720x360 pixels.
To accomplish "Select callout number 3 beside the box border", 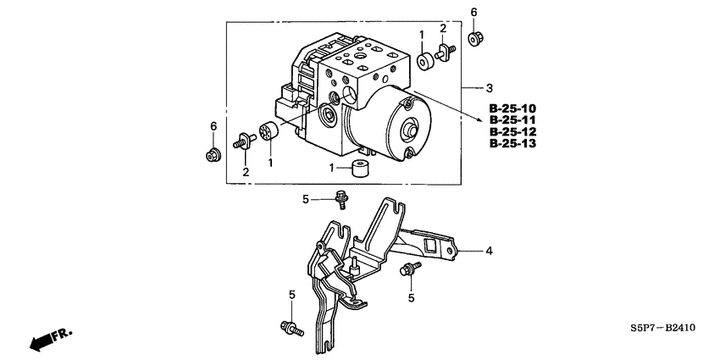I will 489,88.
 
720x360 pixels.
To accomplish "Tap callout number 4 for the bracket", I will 488,251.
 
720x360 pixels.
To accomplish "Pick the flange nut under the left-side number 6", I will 213,155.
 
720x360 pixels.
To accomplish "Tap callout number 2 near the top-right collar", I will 442,30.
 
